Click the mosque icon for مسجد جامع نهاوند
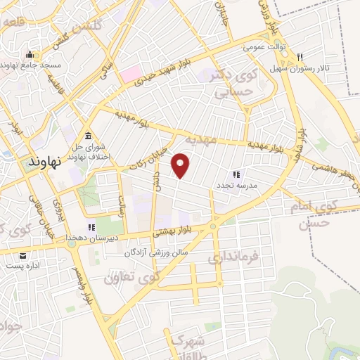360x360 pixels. (x=30, y=55)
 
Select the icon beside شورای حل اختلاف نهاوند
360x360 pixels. (x=88, y=136)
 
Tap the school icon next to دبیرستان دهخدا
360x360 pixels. (x=91, y=227)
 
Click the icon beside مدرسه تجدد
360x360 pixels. (x=236, y=174)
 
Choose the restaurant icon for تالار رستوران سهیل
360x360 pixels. (x=300, y=57)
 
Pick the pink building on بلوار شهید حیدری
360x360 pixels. (x=129, y=73)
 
